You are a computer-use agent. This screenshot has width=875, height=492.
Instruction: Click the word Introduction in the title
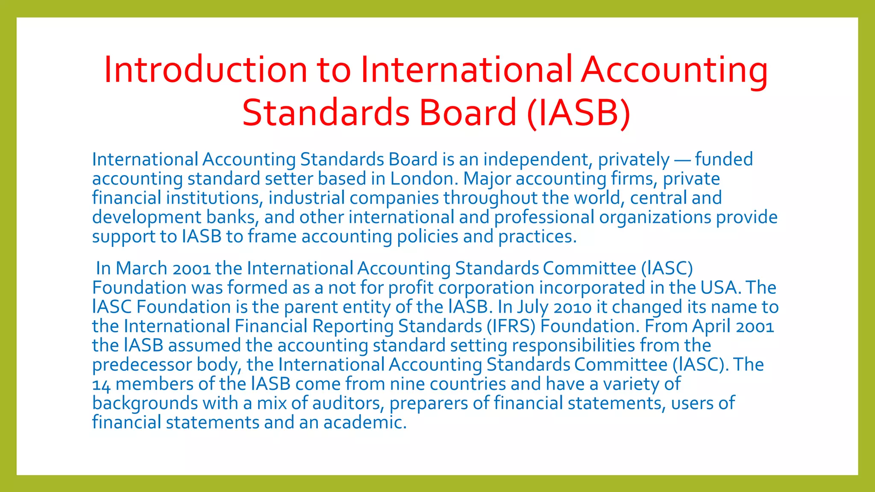click(206, 69)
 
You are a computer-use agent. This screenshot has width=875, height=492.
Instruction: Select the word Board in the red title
click(468, 113)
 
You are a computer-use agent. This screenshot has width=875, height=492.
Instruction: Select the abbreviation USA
click(719, 287)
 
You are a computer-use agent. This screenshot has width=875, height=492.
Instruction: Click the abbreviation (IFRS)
click(511, 326)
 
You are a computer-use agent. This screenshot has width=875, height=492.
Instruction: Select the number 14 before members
click(101, 385)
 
